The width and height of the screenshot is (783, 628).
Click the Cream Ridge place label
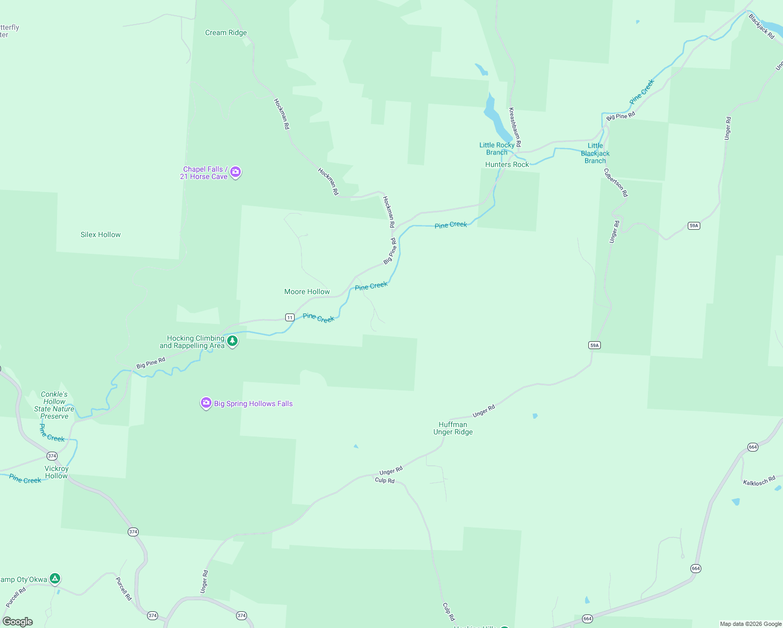(226, 32)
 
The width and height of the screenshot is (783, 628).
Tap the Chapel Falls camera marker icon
(236, 172)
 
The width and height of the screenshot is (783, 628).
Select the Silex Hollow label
(100, 234)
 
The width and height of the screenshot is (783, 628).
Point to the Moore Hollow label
(307, 291)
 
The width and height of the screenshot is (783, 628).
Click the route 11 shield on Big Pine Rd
(289, 317)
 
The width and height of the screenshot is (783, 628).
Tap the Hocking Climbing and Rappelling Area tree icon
(232, 341)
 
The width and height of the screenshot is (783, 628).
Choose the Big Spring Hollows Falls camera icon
(206, 402)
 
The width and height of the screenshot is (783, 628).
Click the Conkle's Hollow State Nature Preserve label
(54, 405)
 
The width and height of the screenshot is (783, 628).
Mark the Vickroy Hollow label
(57, 472)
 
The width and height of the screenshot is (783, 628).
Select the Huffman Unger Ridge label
(453, 428)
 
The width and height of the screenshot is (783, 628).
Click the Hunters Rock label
(507, 164)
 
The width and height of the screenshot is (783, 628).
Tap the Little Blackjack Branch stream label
(595, 153)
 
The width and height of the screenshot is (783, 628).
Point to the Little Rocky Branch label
(497, 149)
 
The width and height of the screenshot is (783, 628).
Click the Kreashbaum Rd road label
(515, 127)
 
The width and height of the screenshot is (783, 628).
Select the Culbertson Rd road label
(616, 182)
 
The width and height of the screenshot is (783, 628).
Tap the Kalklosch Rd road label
(759, 480)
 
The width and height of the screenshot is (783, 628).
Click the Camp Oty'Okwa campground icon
(55, 578)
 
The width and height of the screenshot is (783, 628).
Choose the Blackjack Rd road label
(761, 26)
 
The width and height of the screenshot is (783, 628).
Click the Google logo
(18, 622)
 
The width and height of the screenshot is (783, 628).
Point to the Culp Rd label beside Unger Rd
(385, 480)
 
